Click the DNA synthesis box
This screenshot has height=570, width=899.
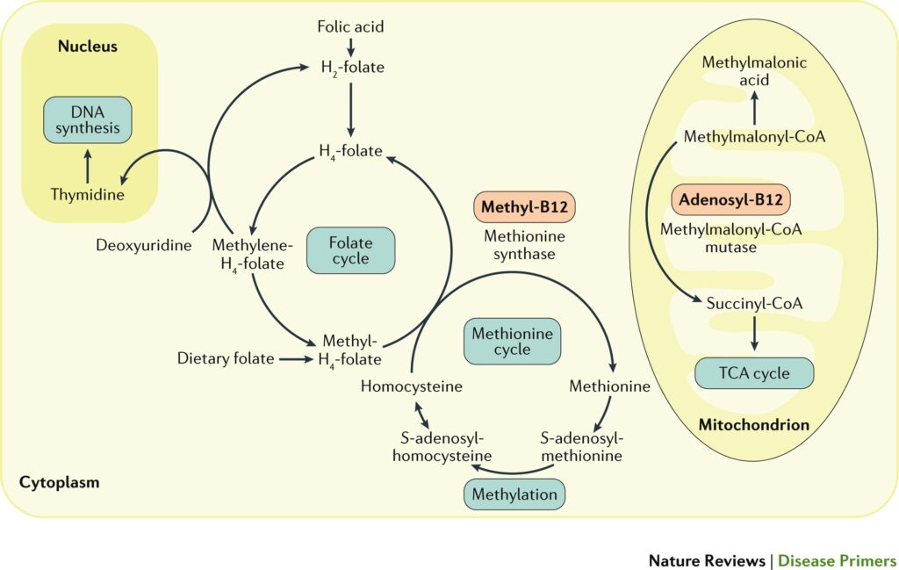88,120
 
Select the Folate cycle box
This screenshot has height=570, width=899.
350,250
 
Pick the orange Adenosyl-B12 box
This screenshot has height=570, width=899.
730,199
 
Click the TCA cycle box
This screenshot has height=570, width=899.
754,373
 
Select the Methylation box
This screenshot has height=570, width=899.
514,494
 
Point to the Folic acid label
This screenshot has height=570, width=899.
350,26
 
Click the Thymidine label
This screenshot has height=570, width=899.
86,194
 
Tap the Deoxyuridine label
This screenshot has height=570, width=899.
143,245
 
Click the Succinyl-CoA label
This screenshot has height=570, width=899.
754,303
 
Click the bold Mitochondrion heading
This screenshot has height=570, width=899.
753,424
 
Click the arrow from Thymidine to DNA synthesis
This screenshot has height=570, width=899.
87,165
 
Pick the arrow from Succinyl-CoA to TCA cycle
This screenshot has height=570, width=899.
754,336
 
